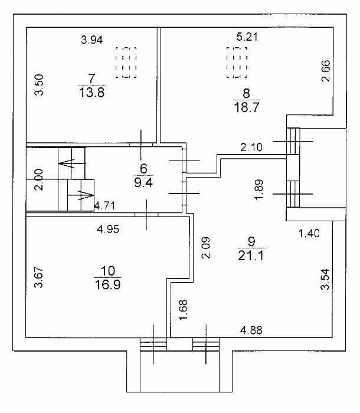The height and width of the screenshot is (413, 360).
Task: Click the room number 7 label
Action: (91, 78)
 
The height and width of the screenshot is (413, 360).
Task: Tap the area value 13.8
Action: (91, 93)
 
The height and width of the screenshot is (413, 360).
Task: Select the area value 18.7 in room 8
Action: (247, 107)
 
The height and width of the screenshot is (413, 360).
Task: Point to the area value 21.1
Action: (251, 255)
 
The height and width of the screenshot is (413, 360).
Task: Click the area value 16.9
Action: (108, 285)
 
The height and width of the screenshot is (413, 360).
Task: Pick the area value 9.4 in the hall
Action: (143, 182)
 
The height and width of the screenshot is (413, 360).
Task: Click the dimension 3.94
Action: (91, 40)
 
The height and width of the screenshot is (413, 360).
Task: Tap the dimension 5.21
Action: (247, 37)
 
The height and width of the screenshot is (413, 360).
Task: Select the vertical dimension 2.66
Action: (326, 71)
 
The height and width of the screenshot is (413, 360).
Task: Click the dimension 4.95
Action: (108, 229)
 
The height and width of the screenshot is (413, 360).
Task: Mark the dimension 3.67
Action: (39, 277)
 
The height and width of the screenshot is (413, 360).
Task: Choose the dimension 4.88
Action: (251, 330)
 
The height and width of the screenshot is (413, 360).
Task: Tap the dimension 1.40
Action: (309, 233)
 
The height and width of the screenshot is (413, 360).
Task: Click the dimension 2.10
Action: (251, 147)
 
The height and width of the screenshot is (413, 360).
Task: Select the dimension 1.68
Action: (184, 310)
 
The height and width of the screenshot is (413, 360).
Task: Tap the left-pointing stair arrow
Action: (67, 163)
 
